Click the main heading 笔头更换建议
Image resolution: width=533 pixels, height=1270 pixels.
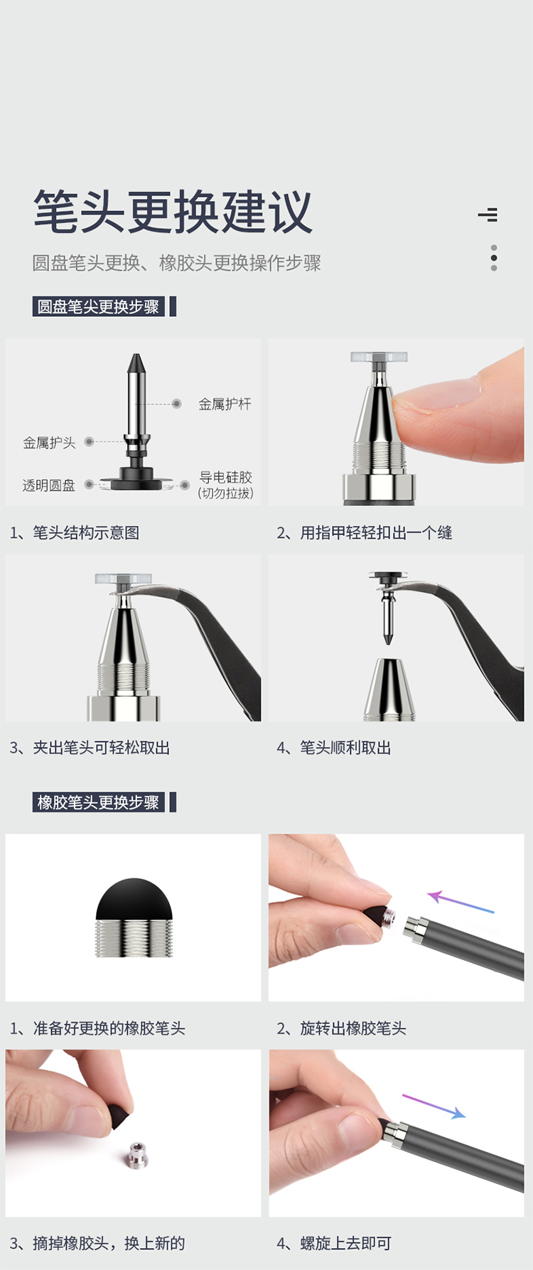click(x=173, y=212)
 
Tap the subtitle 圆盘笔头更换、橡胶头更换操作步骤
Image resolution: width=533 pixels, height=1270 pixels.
click(x=176, y=263)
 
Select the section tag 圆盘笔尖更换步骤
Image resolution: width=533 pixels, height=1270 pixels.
click(x=98, y=307)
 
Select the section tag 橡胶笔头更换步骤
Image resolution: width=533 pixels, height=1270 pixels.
click(x=98, y=802)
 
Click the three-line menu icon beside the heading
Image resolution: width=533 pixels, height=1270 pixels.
click(x=488, y=215)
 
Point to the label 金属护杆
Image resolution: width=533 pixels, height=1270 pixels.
click(x=225, y=404)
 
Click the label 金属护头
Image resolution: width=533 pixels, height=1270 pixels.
click(x=49, y=443)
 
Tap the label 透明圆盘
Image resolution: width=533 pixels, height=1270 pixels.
click(x=49, y=485)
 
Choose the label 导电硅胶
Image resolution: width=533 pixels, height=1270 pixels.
click(x=225, y=478)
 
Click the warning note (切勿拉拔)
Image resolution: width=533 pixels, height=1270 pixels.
click(x=225, y=493)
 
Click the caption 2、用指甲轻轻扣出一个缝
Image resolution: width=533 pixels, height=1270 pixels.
click(x=365, y=532)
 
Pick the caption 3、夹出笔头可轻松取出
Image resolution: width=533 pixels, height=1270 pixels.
click(x=90, y=748)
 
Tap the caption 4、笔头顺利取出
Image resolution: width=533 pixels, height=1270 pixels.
click(x=334, y=748)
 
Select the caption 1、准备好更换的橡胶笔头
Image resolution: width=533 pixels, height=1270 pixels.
click(x=97, y=1028)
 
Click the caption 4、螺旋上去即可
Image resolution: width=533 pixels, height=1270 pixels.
click(x=334, y=1243)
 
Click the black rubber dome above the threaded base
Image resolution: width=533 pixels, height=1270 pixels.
click(x=134, y=900)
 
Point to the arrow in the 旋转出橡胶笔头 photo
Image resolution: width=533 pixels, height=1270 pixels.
click(x=461, y=902)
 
